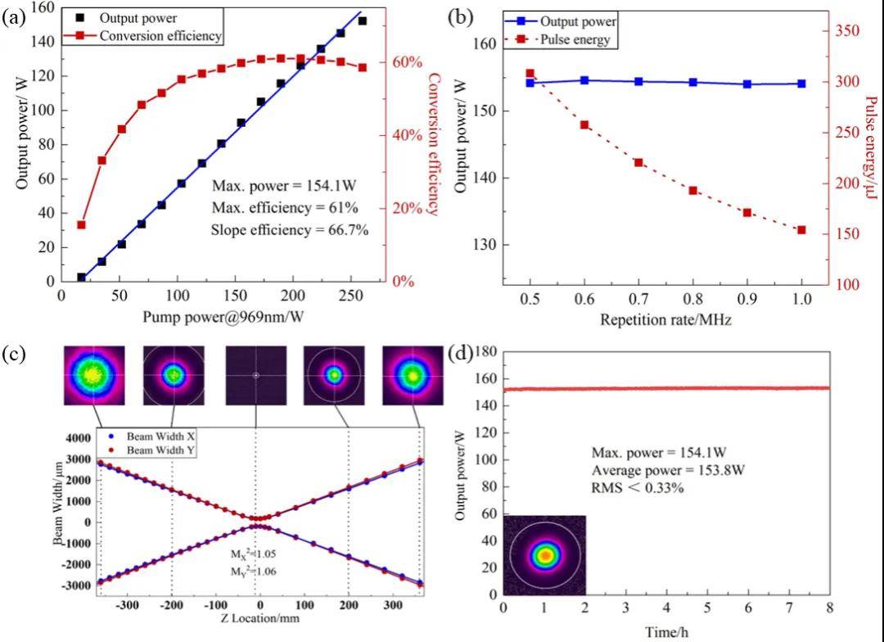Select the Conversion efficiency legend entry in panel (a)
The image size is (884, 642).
[160, 35]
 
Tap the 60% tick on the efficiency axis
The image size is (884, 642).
[410, 62]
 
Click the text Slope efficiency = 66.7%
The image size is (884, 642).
[289, 230]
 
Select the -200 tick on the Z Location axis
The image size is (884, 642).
[171, 608]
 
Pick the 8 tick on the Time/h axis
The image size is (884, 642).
[829, 608]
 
